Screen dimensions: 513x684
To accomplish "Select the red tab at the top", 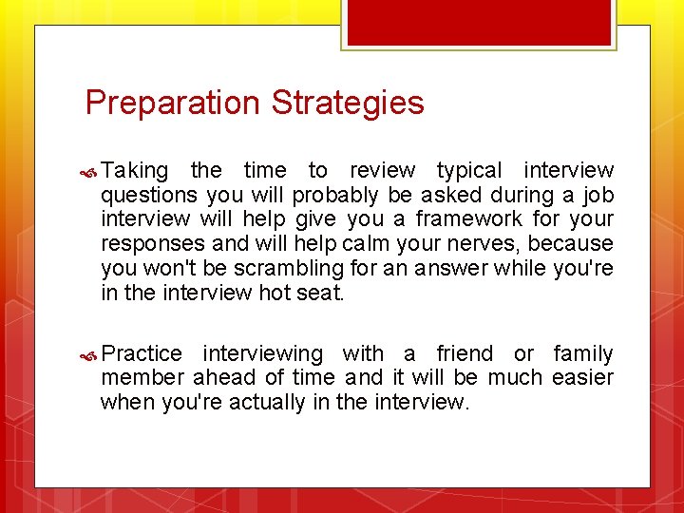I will (x=480, y=22).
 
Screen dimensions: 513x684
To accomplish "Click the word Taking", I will (x=135, y=171).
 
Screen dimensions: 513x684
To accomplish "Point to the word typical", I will (x=468, y=171).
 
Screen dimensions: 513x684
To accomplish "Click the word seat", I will (x=320, y=294).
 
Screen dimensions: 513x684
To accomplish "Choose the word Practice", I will (x=142, y=354).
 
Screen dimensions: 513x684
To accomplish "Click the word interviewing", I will (x=263, y=354).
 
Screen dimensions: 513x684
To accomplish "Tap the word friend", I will (x=465, y=354).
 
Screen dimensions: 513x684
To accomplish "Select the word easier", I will (x=583, y=378).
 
